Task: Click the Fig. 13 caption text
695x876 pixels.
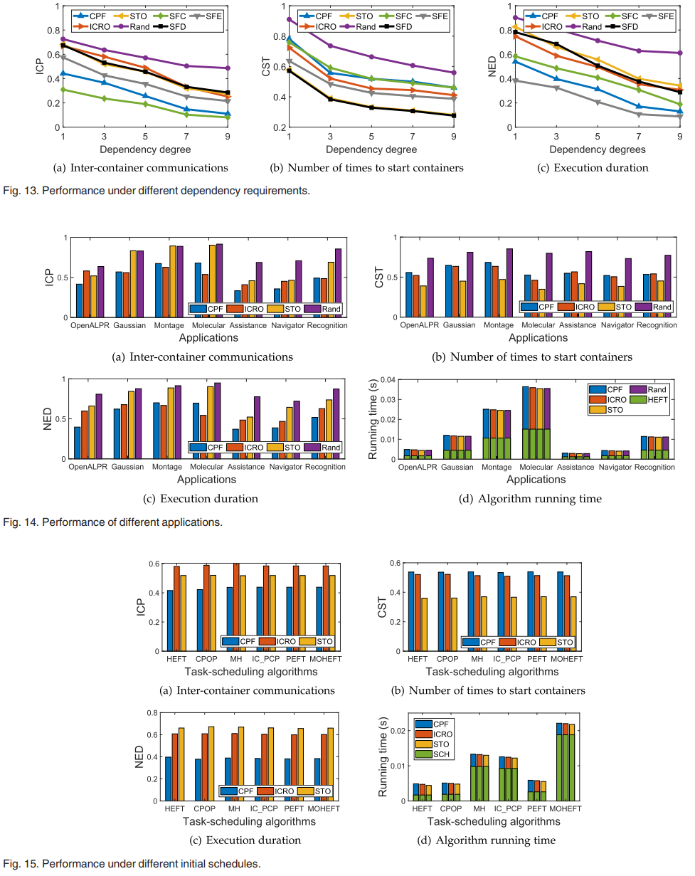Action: point(156,191)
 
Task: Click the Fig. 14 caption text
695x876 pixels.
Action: point(114,522)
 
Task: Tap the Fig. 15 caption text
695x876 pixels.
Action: point(132,864)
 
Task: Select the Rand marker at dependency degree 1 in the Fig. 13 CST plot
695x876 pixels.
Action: point(290,20)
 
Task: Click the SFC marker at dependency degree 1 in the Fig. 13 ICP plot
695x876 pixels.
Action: point(63,90)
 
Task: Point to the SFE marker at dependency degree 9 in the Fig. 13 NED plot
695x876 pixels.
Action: point(680,116)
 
